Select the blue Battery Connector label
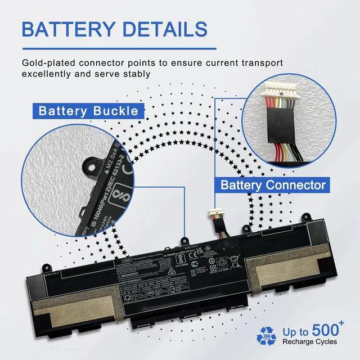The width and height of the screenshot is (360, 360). (273, 184)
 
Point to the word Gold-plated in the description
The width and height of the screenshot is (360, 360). (48, 63)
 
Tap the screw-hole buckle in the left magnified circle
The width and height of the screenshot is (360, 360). (89, 165)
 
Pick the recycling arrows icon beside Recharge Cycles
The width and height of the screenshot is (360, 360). (267, 336)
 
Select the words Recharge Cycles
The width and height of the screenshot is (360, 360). (309, 341)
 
